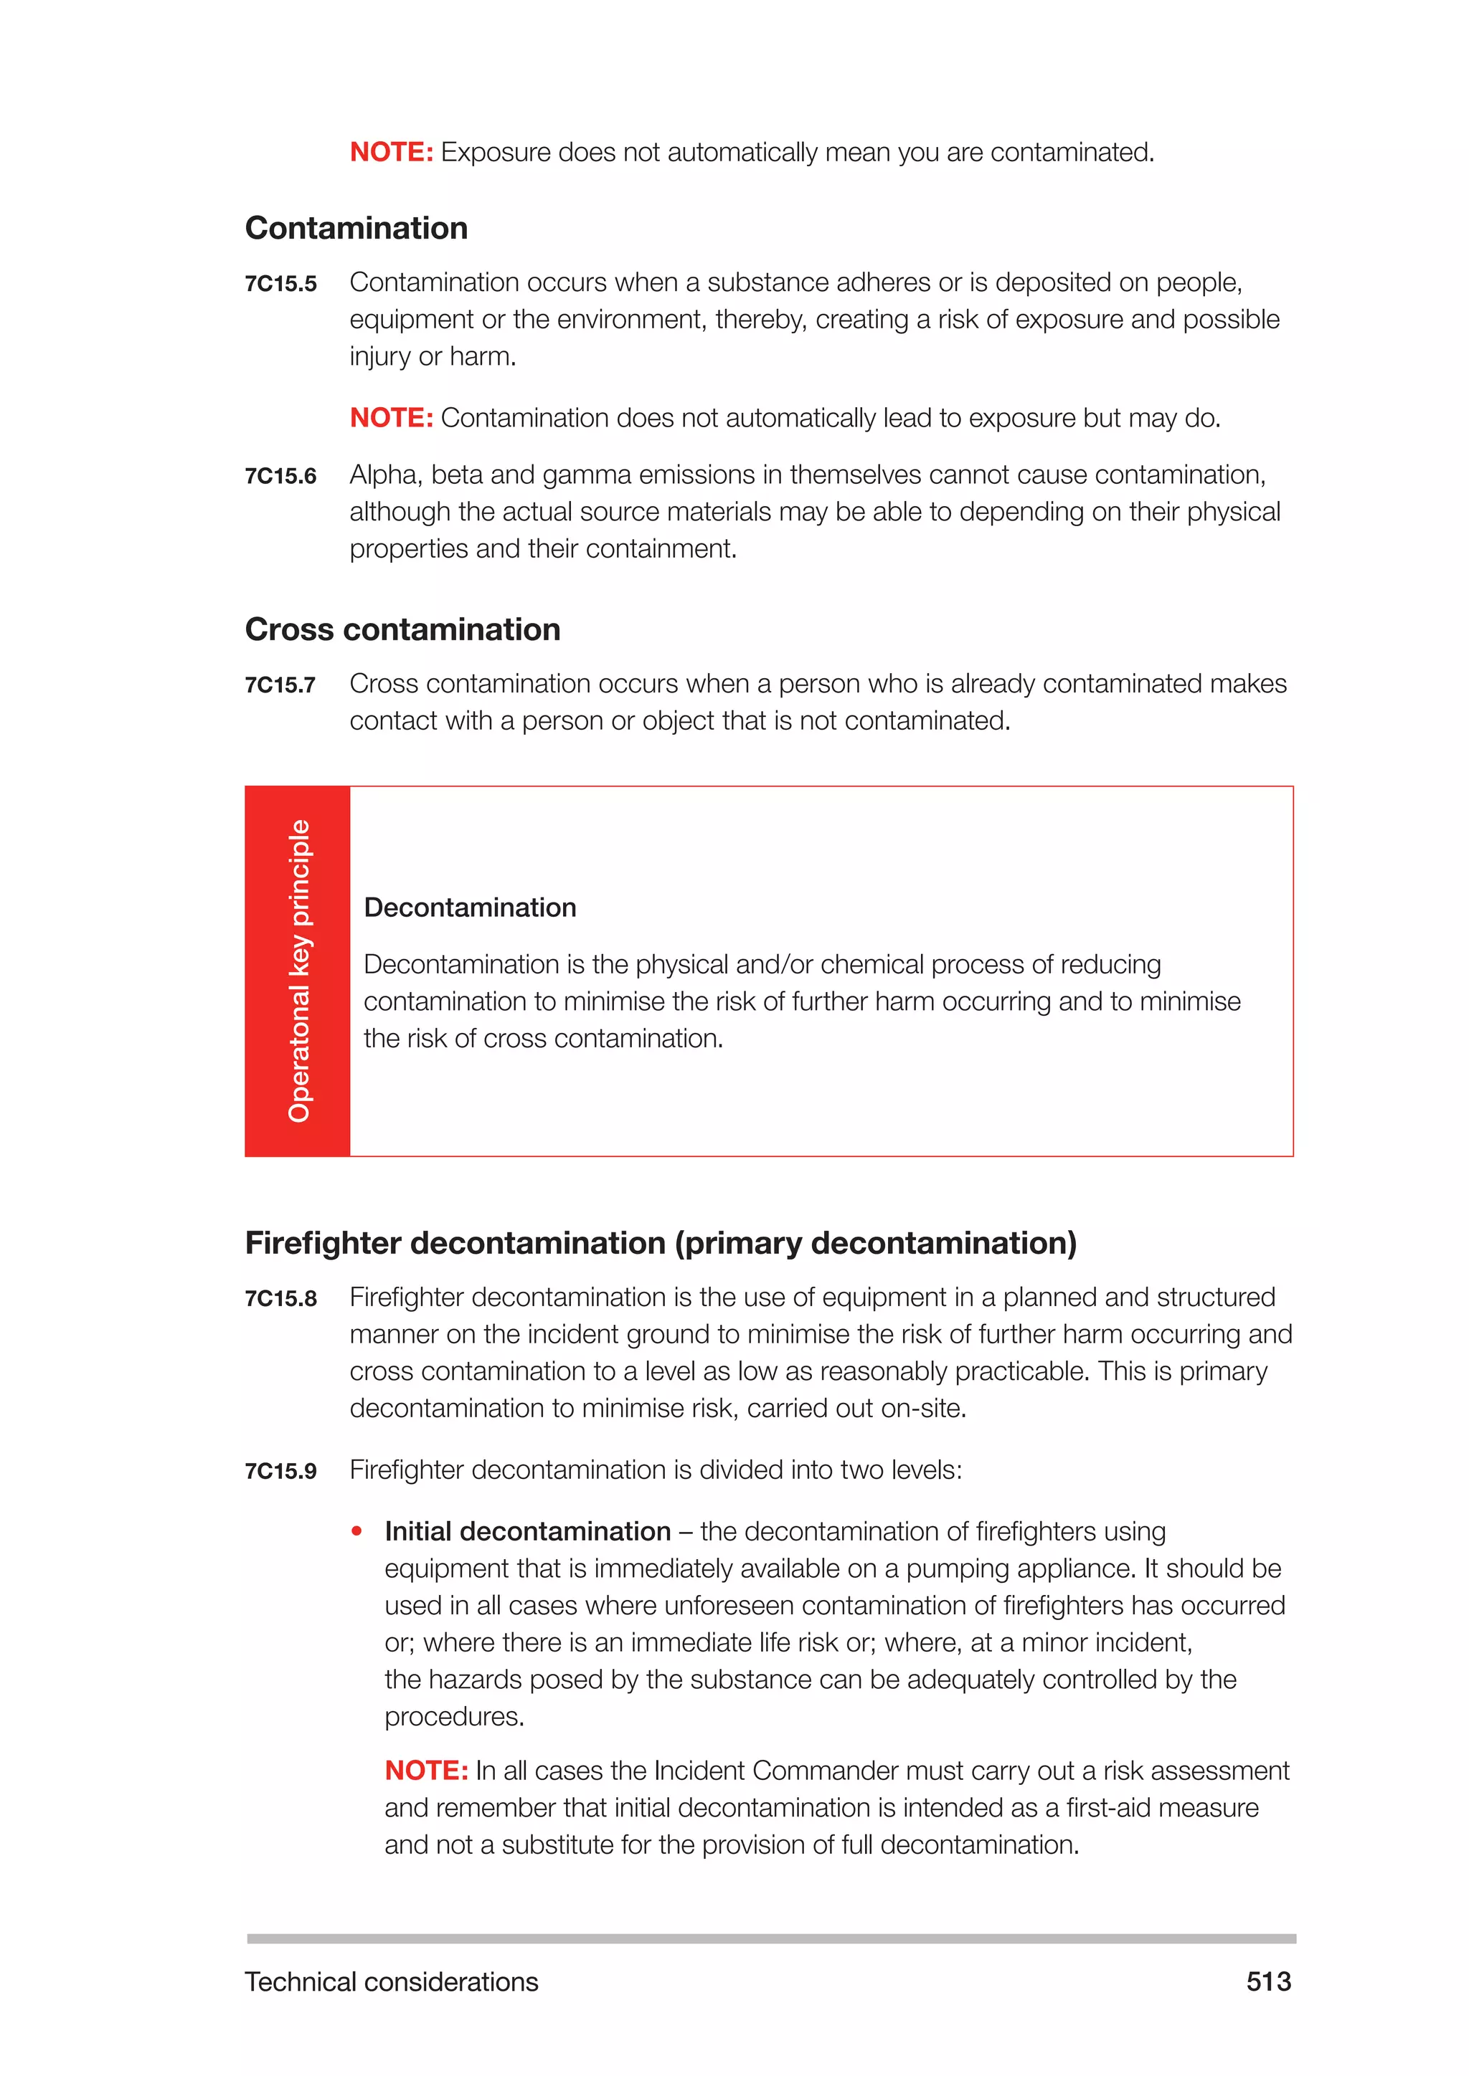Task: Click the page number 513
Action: (1268, 1981)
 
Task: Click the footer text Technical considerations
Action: (391, 1981)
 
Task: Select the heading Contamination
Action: (356, 228)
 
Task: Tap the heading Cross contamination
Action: (402, 629)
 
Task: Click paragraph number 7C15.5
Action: (280, 284)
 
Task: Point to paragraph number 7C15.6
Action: (280, 477)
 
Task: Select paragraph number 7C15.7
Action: (280, 685)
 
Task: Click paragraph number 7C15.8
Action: (280, 1300)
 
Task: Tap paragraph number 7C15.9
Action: (280, 1472)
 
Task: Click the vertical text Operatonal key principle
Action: (298, 971)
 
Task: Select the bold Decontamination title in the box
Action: (470, 908)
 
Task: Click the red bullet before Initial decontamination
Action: (357, 1530)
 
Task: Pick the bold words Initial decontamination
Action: (527, 1532)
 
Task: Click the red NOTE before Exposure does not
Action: (391, 152)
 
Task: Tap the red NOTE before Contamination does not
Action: (391, 418)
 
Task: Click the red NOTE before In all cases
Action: (425, 1771)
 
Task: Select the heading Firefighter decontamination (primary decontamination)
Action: (661, 1243)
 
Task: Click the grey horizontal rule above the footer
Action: (770, 1938)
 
